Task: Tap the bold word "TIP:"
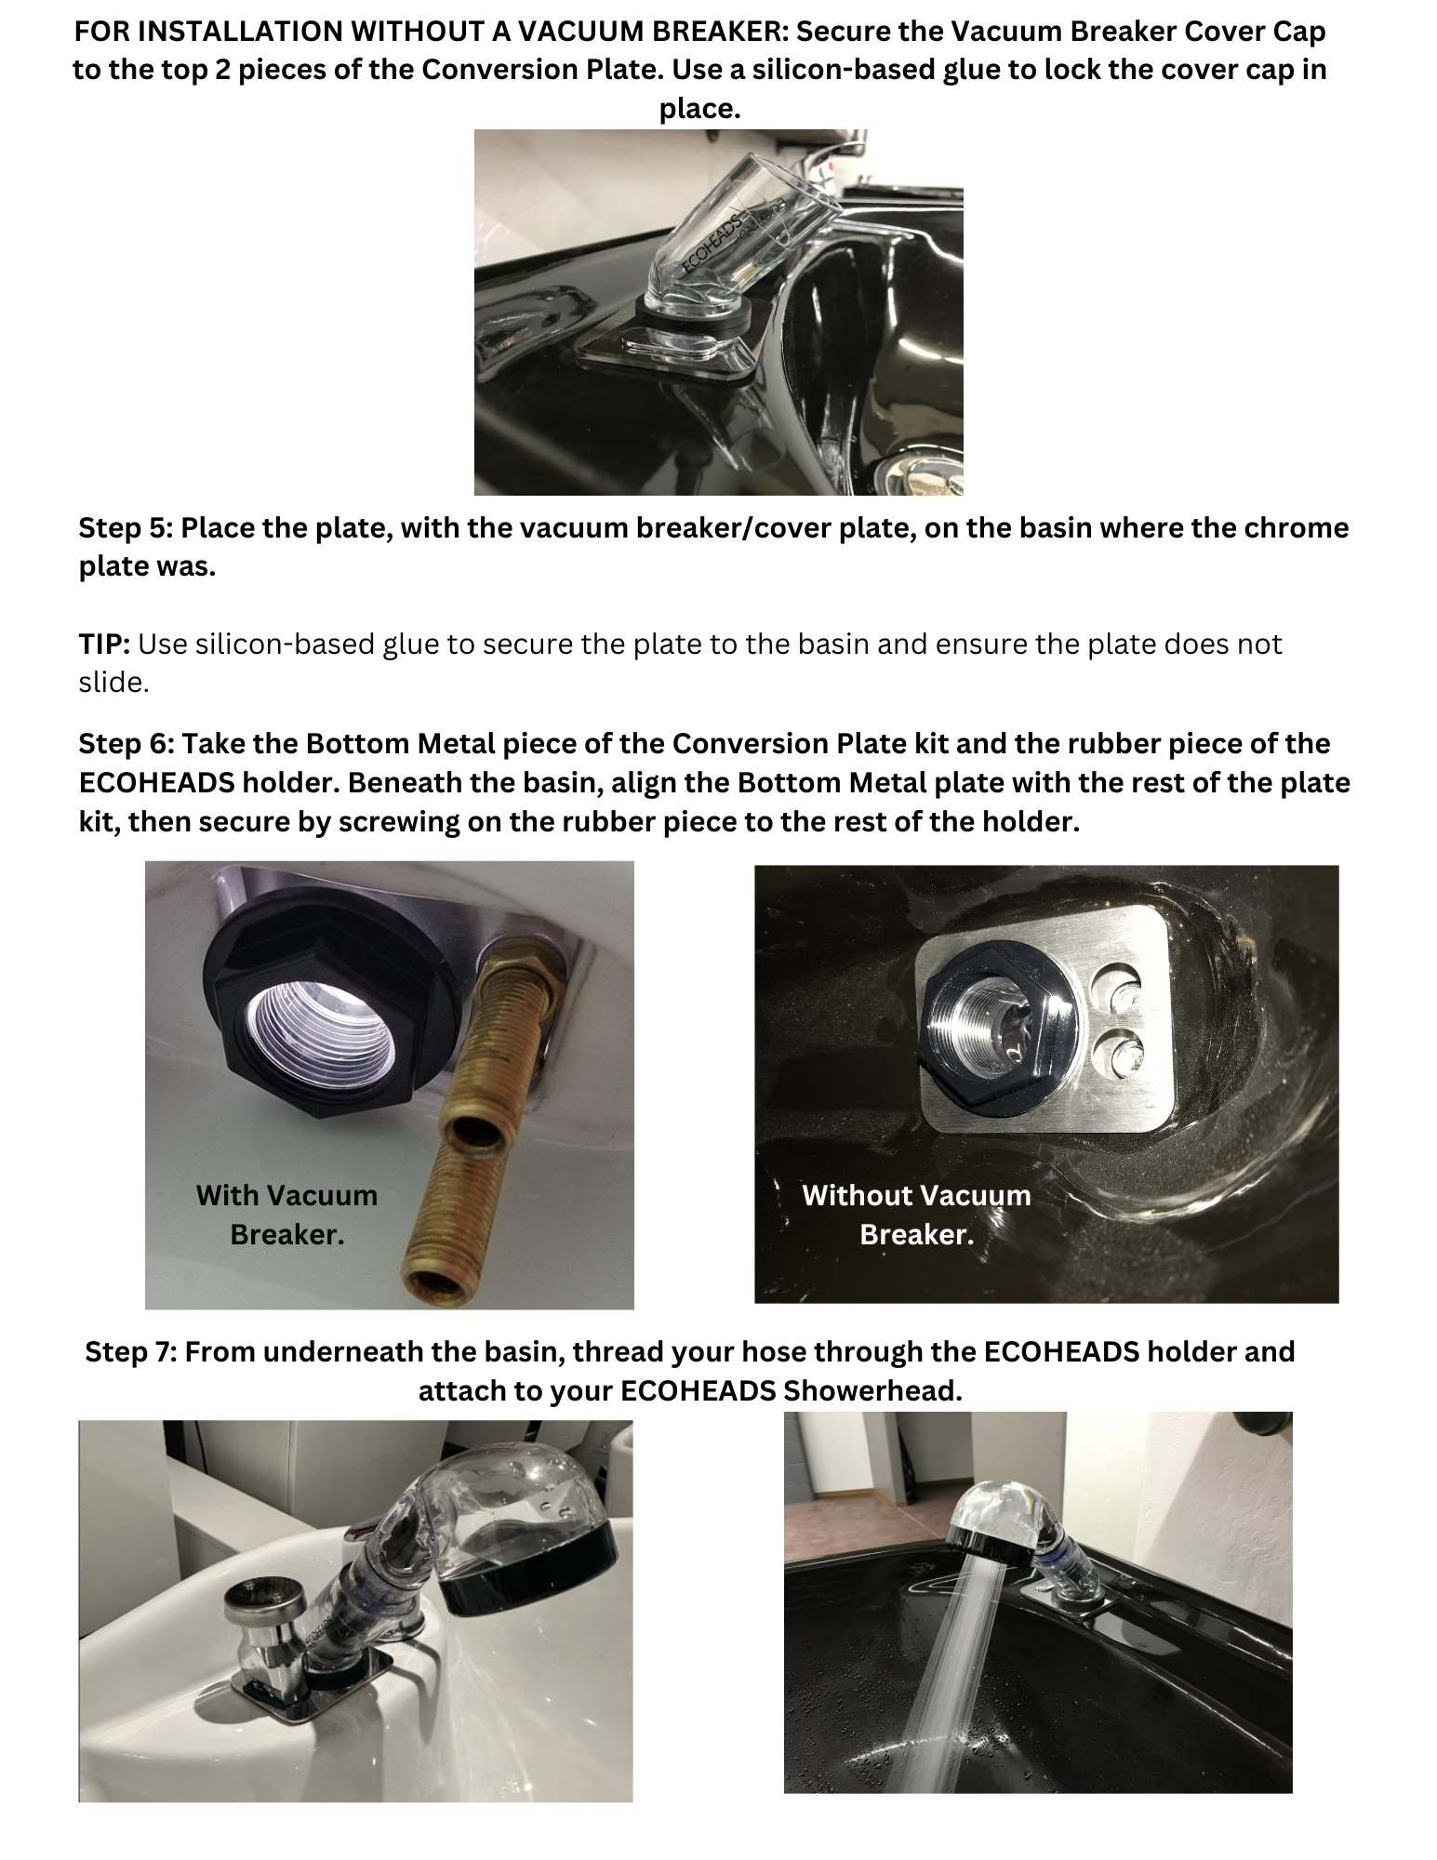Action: click(x=104, y=644)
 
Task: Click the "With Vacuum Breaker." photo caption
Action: click(x=286, y=1215)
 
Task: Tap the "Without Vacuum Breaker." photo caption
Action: click(x=916, y=1215)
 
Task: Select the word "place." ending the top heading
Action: click(x=699, y=110)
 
